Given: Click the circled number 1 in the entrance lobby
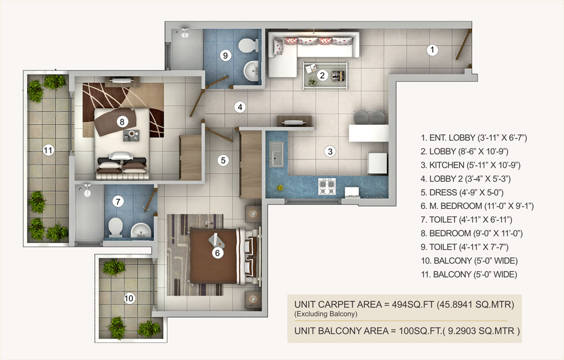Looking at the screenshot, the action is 433,50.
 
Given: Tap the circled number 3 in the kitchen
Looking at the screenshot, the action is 330,151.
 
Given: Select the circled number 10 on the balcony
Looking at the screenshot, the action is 129,298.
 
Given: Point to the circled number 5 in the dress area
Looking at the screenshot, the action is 223,160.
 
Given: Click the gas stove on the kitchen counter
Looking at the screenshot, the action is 327,186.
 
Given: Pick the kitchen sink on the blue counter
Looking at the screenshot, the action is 276,154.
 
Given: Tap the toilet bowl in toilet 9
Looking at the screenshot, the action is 248,45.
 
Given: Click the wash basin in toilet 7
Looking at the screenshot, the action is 140,230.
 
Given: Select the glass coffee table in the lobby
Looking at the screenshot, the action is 325,75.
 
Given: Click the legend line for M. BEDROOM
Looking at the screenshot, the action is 477,206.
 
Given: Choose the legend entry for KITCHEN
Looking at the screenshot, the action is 470,165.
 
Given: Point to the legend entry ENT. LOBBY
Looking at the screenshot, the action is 474,138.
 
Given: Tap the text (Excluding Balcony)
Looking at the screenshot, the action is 326,314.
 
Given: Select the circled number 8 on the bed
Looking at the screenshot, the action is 122,122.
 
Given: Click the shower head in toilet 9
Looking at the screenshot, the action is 184,33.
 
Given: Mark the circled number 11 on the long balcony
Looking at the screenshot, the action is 48,150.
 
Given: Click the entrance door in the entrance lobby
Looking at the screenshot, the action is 463,45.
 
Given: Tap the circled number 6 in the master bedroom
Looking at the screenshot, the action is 217,253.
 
